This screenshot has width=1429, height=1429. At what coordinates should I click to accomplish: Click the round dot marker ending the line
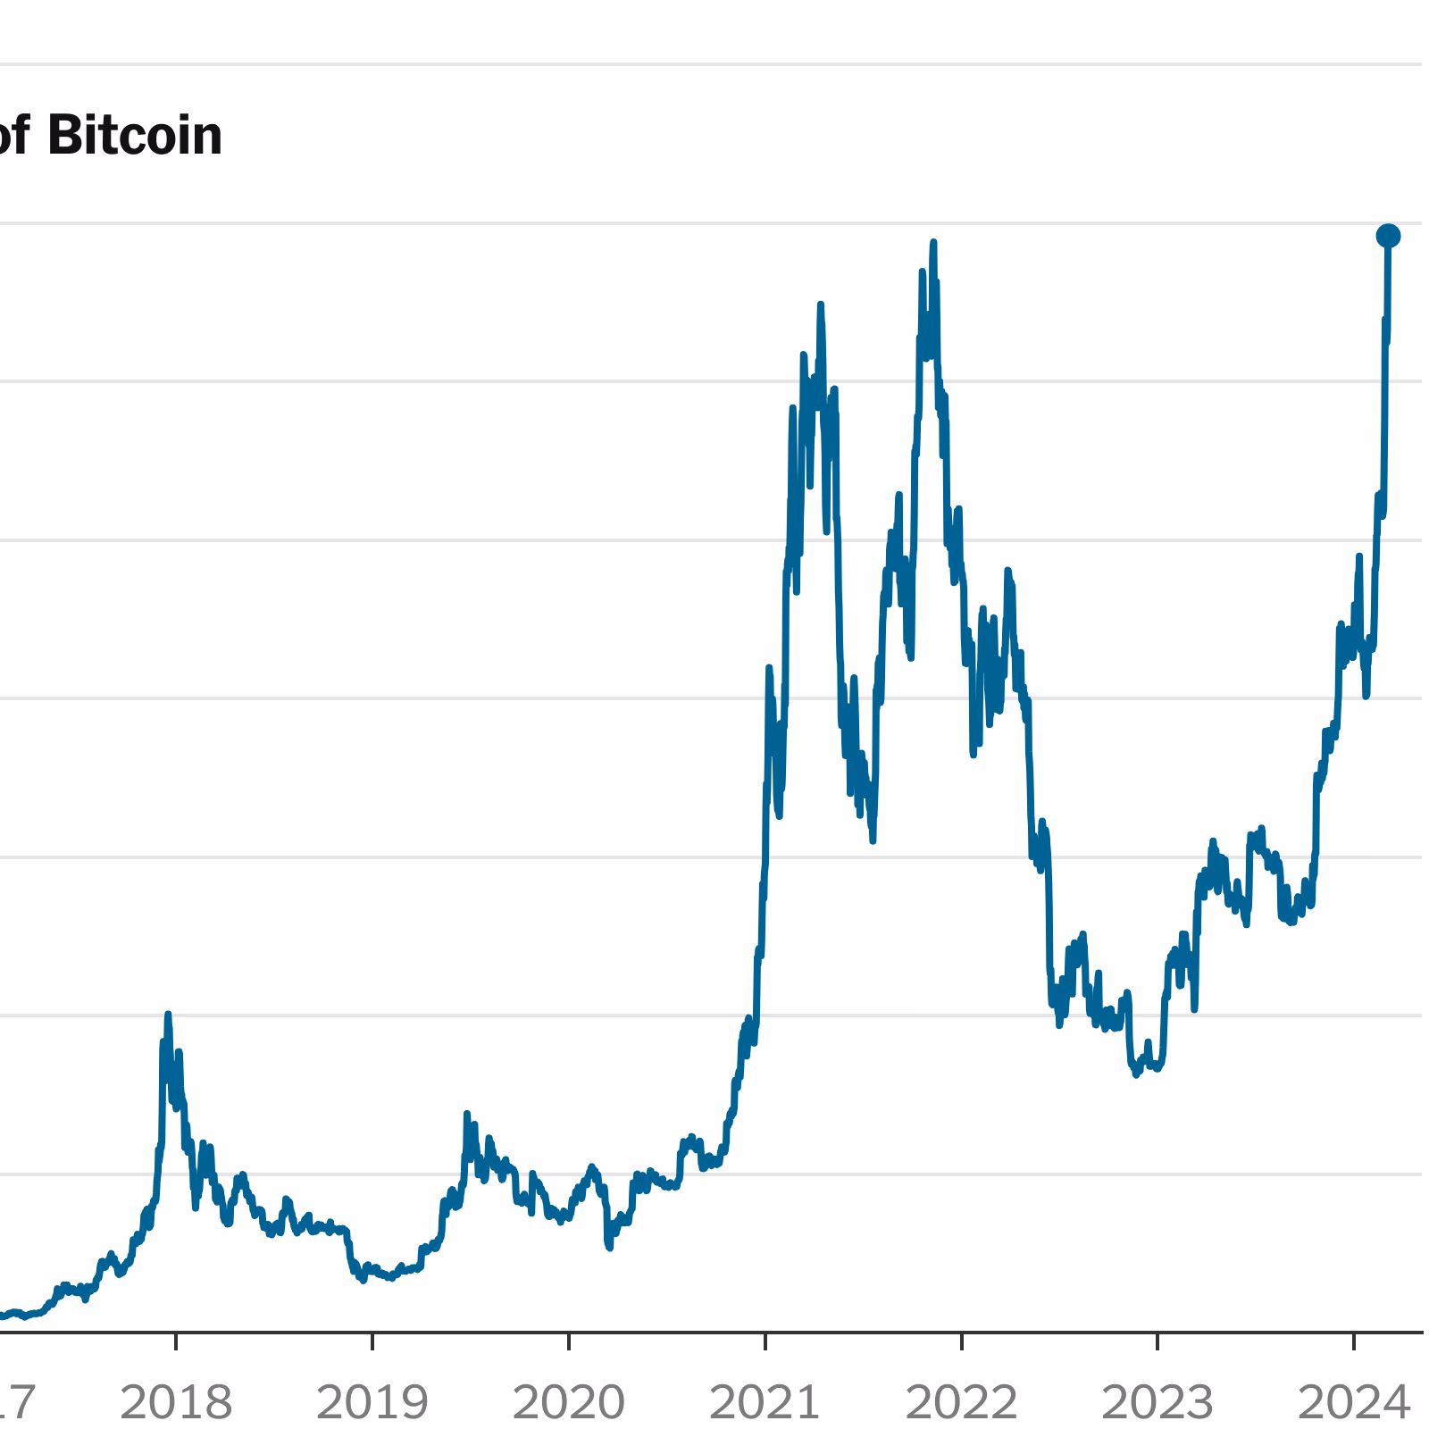(x=1388, y=236)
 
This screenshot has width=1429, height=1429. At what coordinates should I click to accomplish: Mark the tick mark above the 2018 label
(x=176, y=1341)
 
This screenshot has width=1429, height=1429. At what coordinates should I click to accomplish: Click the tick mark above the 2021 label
(x=765, y=1341)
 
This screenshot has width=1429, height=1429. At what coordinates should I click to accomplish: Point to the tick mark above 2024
(x=1354, y=1341)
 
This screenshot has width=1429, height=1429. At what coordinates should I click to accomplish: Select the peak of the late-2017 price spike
(x=168, y=1015)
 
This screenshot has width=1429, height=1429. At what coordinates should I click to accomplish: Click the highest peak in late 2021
(x=933, y=242)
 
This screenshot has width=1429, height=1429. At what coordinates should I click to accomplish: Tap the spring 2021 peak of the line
(x=820, y=305)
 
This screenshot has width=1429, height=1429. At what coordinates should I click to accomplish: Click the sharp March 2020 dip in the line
(x=609, y=1248)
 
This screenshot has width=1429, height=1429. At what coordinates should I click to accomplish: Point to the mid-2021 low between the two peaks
(x=873, y=840)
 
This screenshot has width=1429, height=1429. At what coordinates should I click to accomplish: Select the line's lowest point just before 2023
(x=1136, y=1075)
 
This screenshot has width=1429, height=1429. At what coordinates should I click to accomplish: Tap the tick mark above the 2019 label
(x=372, y=1341)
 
